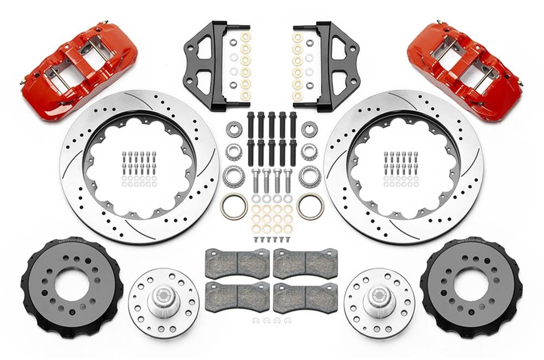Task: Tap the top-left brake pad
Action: coord(237,263)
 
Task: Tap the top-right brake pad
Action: coord(305,263)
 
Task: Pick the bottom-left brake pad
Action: coord(237,296)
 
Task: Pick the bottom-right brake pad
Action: coord(305,296)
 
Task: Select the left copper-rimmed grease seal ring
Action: coord(234,207)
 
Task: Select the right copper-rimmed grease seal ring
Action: coord(311,207)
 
